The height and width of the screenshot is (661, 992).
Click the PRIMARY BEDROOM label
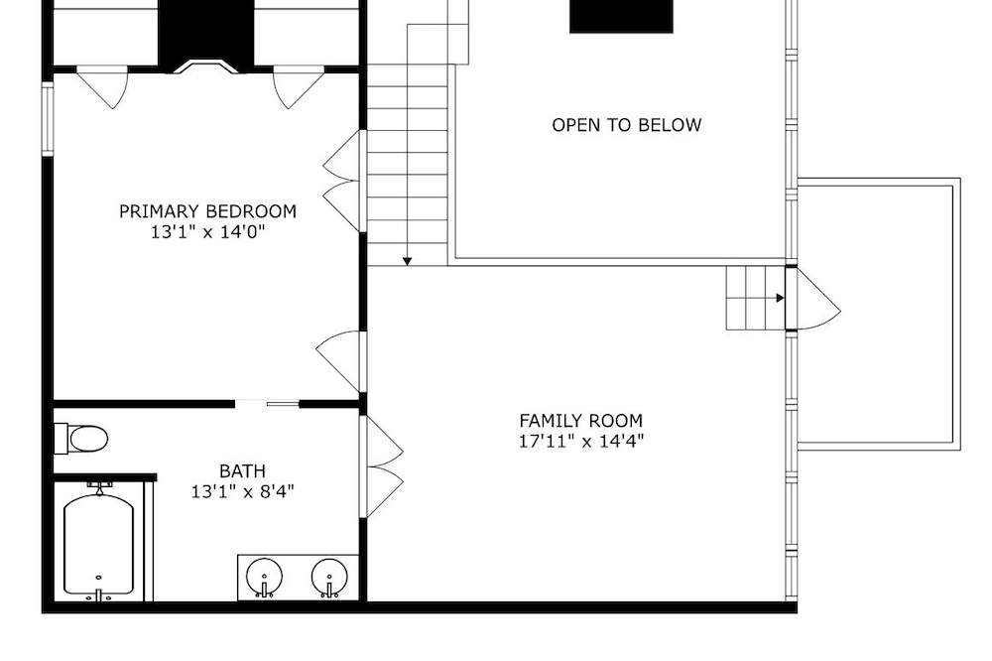[x=207, y=210]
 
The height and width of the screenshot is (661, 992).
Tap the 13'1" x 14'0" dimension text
[x=207, y=231]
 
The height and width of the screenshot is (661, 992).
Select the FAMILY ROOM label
[x=580, y=421]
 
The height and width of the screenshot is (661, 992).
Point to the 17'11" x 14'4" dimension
[x=580, y=441]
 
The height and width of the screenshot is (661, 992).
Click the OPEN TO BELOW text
[x=626, y=125]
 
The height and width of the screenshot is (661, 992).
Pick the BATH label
[x=242, y=471]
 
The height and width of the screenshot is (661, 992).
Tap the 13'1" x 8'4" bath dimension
[x=242, y=491]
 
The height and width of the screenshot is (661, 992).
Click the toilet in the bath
[x=81, y=439]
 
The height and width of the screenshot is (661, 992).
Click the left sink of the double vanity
[x=264, y=577]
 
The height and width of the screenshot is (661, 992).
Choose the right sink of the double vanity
[x=329, y=577]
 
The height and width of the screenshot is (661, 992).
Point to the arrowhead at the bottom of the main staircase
[x=408, y=261]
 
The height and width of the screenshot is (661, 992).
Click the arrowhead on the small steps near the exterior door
[x=781, y=298]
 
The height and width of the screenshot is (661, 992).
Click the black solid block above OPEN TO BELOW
[x=621, y=16]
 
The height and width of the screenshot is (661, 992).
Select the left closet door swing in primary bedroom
[x=104, y=87]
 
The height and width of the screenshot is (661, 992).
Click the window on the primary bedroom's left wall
[x=48, y=118]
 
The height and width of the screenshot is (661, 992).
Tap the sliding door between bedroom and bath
[x=267, y=403]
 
